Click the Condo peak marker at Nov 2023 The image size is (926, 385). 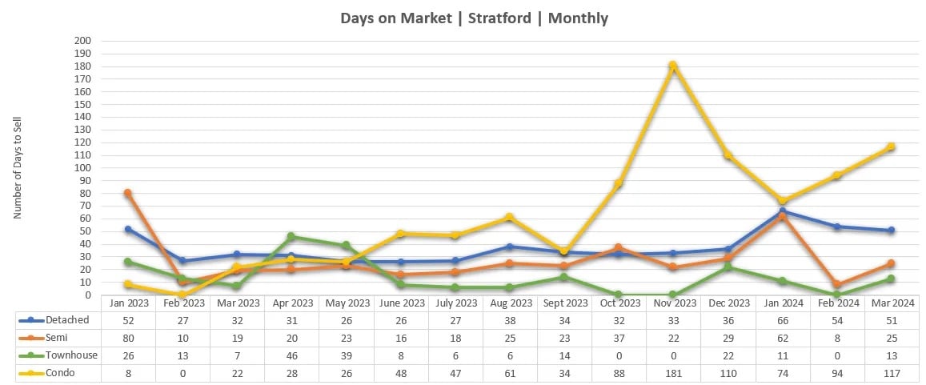tap(673, 65)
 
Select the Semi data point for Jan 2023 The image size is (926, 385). tap(128, 193)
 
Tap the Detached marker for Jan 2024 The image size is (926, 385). tap(782, 211)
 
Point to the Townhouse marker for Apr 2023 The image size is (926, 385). tap(291, 236)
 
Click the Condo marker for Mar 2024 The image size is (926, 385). tap(891, 146)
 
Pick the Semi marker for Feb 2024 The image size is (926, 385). tap(836, 284)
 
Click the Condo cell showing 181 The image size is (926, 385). tap(673, 372)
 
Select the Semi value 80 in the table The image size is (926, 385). tap(128, 337)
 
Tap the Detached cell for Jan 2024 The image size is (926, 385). tap(782, 319)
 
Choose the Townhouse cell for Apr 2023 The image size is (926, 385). tap(291, 355)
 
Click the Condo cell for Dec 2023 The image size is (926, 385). tap(728, 372)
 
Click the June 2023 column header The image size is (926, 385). tap(400, 303)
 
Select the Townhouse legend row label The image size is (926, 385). tap(73, 355)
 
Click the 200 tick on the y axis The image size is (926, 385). tap(83, 41)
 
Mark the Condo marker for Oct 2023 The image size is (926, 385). tap(619, 183)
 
